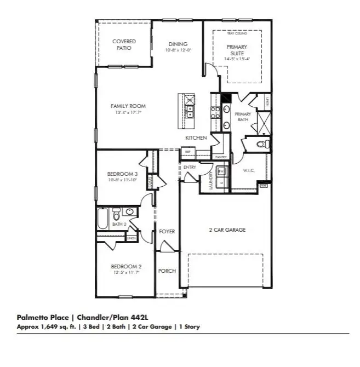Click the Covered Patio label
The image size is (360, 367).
coord(124,44)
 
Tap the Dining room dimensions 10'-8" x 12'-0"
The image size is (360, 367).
coord(179,51)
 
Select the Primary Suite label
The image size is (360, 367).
coord(237,50)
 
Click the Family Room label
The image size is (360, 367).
coord(128,106)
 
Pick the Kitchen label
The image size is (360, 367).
coord(196,138)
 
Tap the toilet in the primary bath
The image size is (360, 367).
coord(262,145)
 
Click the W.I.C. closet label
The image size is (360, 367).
coord(250,170)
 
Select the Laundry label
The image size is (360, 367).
coord(212,180)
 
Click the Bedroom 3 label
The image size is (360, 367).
coord(122,175)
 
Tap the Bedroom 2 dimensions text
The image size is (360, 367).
coord(125,272)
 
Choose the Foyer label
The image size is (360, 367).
coord(167,232)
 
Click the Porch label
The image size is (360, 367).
coord(167,271)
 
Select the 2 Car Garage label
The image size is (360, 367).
coord(226,230)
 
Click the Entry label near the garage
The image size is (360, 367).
coord(190,168)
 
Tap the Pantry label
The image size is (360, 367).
coord(221,157)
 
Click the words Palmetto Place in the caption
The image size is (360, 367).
coord(43,318)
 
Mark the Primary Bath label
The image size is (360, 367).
coord(243,117)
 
